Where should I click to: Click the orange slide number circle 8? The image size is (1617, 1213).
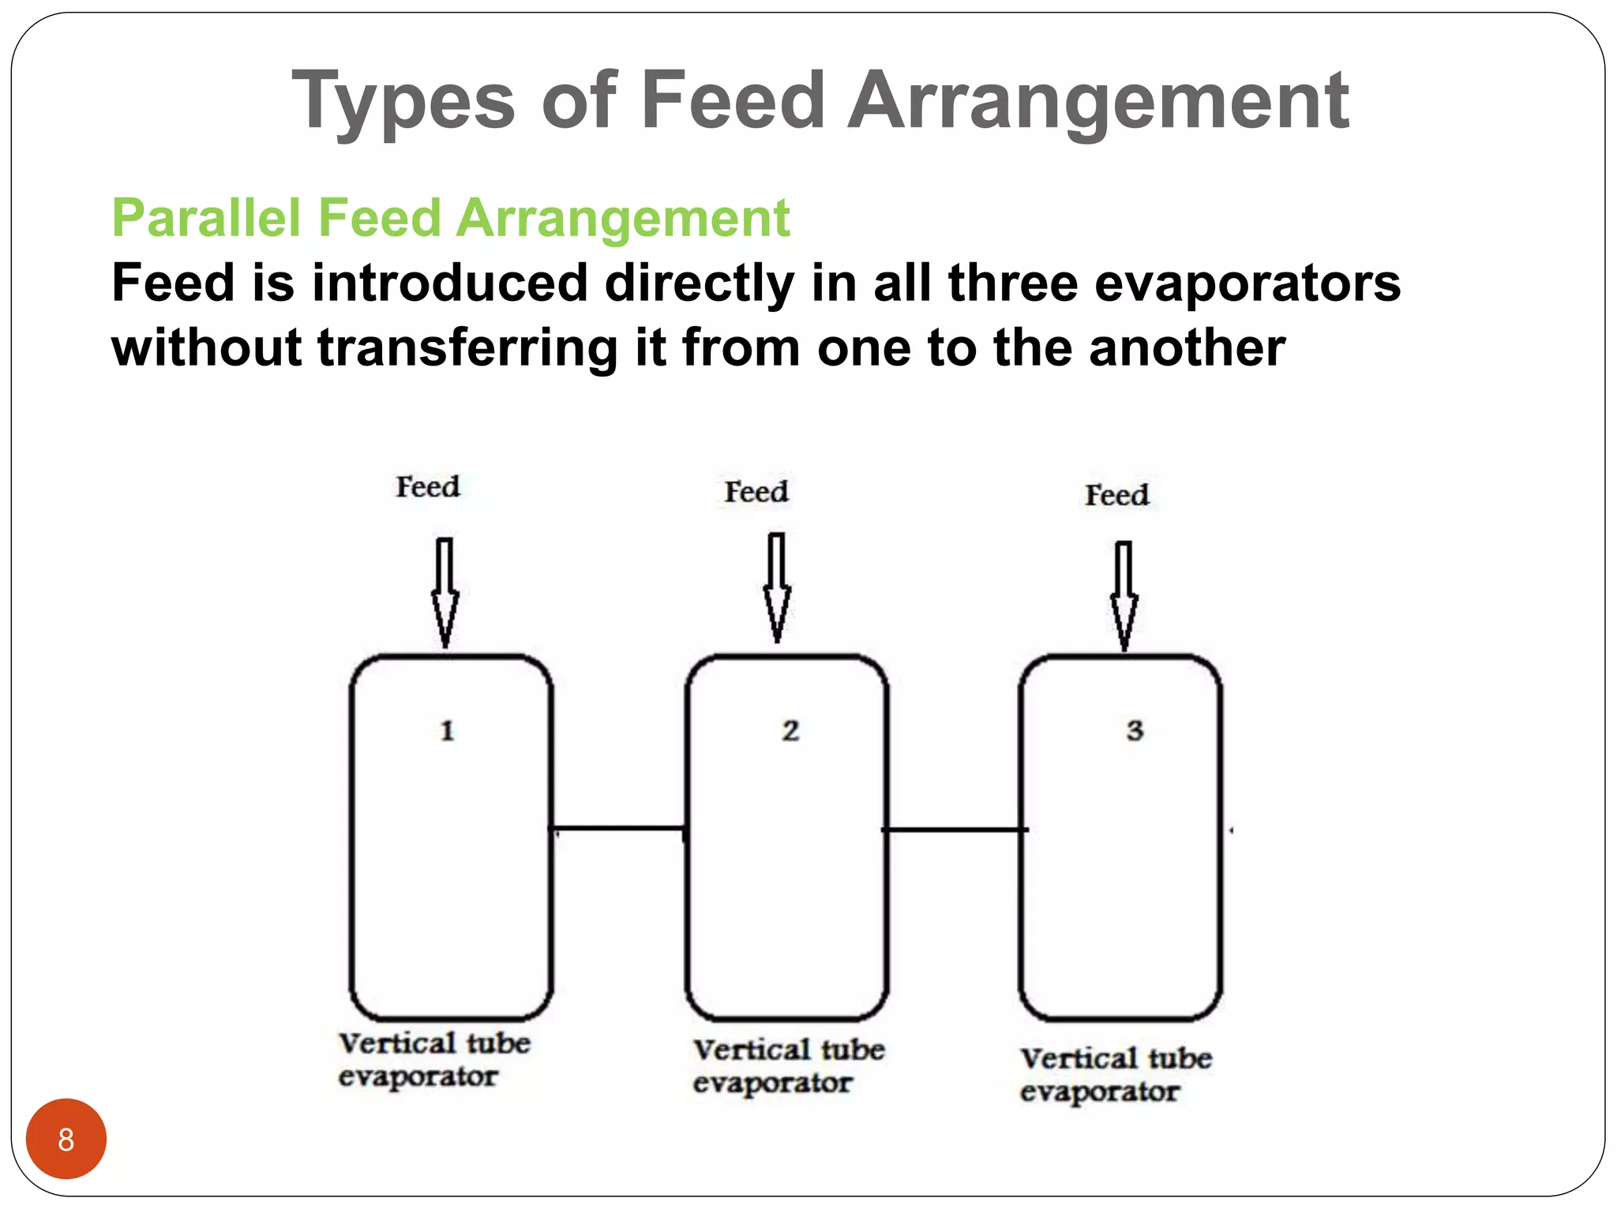click(x=66, y=1139)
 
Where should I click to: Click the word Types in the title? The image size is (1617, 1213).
click(x=403, y=101)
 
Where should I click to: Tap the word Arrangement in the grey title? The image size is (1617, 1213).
click(x=1098, y=101)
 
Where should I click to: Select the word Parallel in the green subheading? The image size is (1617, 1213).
click(x=207, y=218)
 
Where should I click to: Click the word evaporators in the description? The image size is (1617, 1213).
click(x=1247, y=284)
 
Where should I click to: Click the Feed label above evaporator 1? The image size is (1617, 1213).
click(x=427, y=486)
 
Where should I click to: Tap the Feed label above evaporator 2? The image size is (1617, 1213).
click(x=756, y=491)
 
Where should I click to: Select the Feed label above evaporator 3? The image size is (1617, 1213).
click(x=1116, y=495)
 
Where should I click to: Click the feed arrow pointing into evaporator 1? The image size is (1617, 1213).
click(x=445, y=592)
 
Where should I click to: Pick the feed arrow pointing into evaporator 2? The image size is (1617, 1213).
click(x=777, y=588)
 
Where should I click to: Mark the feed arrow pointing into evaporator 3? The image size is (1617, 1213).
click(x=1124, y=596)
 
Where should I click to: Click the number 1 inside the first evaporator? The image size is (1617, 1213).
click(x=447, y=730)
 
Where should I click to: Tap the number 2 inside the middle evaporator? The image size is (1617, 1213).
click(x=790, y=730)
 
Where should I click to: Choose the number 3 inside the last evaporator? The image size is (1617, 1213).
click(x=1135, y=730)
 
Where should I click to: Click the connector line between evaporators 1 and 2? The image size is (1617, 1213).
click(x=618, y=828)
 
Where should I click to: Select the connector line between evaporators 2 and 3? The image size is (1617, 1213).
click(x=954, y=829)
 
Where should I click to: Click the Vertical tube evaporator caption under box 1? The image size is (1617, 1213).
click(x=433, y=1060)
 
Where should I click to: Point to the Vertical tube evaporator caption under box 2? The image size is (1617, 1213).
click(x=788, y=1066)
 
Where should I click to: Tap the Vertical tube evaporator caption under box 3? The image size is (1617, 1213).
click(x=1115, y=1075)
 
